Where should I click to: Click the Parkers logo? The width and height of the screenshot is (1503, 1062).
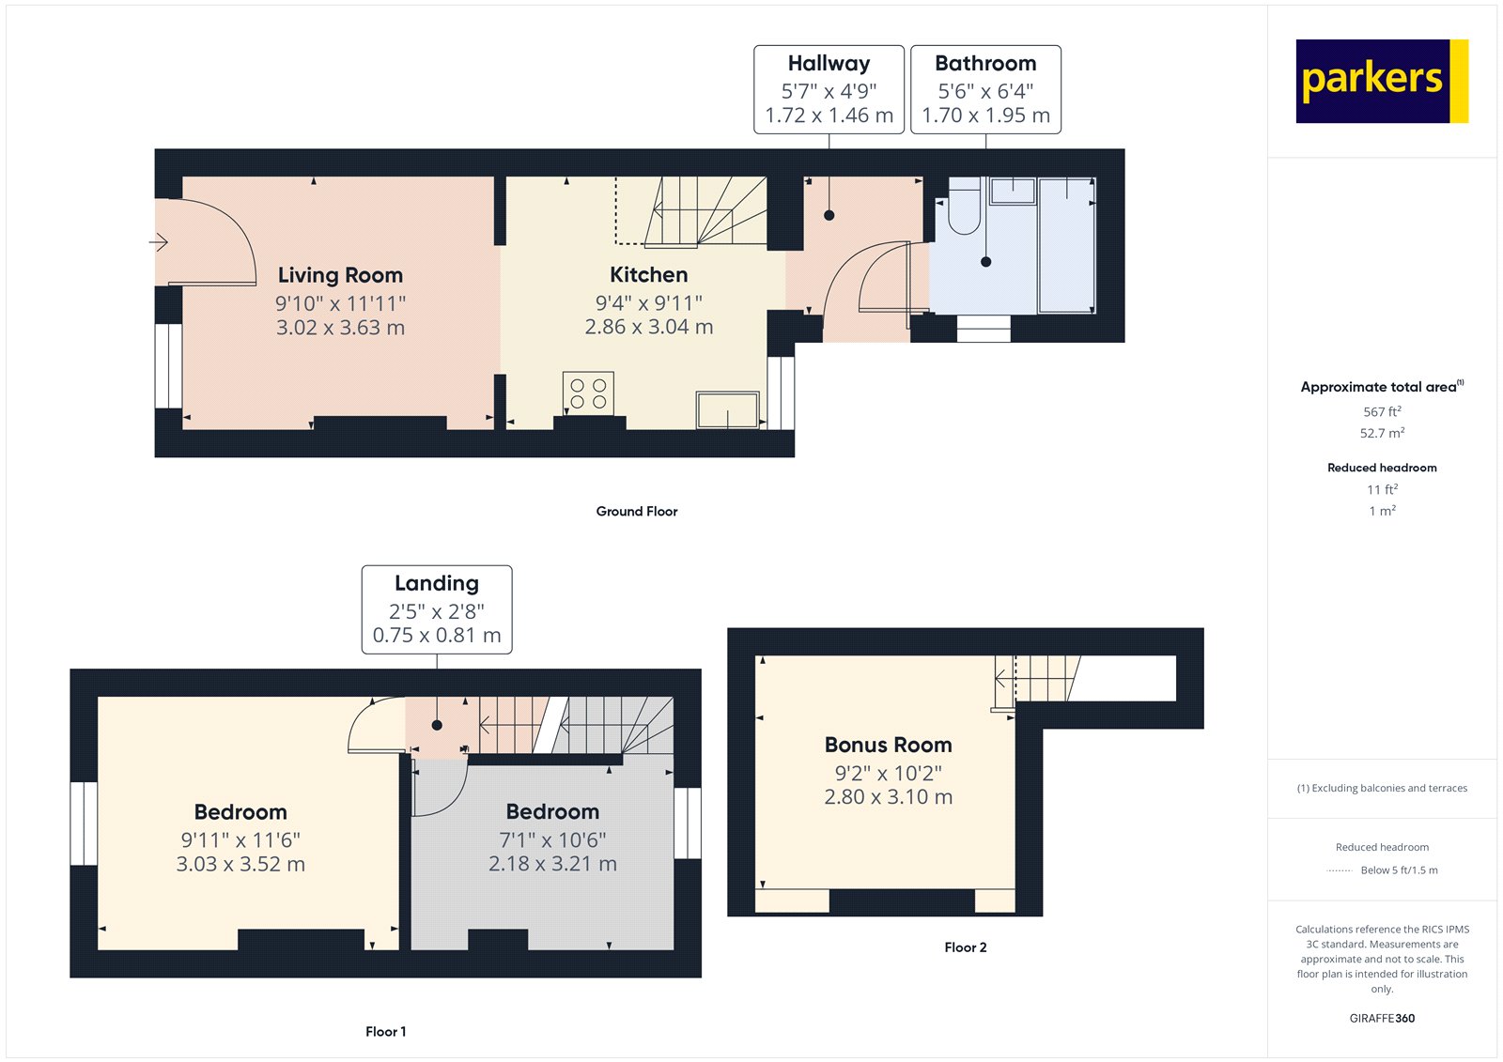click(1381, 81)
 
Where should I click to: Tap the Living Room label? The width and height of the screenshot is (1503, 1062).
click(340, 275)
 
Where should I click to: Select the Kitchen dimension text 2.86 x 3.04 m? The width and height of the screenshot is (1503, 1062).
click(648, 327)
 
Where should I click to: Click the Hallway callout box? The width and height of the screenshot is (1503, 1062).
click(829, 89)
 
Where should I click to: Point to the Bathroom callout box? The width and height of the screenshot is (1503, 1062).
click(985, 89)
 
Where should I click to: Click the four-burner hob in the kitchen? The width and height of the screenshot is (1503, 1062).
click(588, 393)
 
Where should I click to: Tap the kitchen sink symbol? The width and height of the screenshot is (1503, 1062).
click(727, 410)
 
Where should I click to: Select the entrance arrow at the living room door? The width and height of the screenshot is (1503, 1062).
click(159, 243)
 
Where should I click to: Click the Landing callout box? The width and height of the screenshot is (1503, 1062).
click(437, 609)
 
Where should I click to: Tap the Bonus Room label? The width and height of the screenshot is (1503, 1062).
click(888, 745)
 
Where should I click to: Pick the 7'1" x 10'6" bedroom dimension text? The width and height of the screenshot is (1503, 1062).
click(552, 839)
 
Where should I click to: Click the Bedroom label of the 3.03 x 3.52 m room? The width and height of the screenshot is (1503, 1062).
click(240, 812)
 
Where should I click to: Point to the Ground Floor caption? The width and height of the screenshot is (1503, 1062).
click(636, 512)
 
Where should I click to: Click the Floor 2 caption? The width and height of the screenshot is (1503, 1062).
click(965, 947)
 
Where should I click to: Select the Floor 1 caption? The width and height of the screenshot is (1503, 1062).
click(385, 1032)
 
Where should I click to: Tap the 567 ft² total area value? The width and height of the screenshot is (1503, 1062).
click(1382, 412)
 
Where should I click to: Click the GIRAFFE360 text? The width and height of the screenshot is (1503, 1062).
click(1382, 1018)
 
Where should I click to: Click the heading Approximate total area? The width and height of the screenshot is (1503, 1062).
click(1378, 387)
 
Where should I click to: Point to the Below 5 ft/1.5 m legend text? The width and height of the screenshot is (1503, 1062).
click(1399, 870)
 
